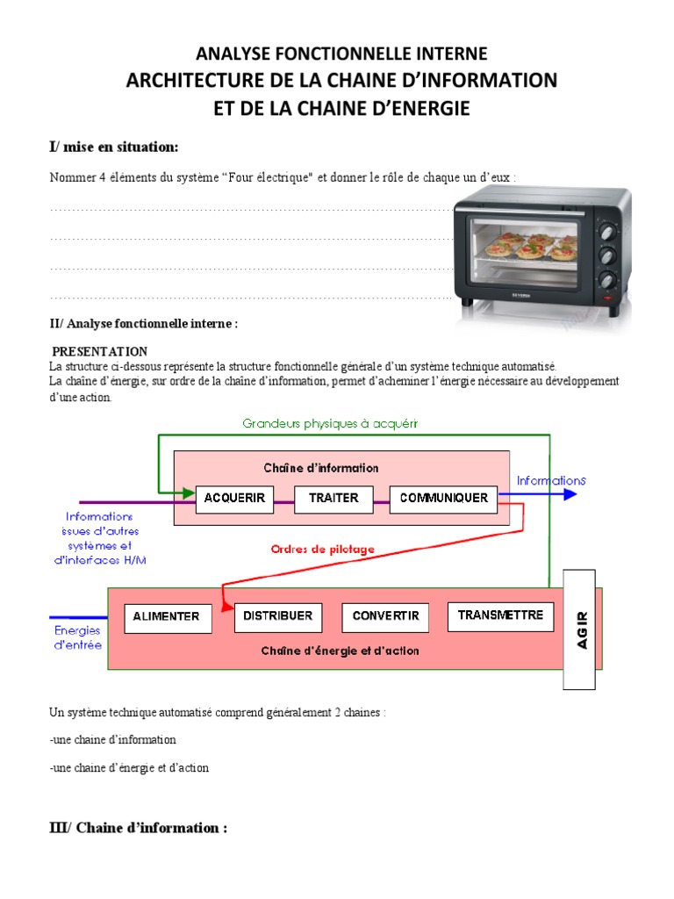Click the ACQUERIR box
(234, 498)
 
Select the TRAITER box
(333, 498)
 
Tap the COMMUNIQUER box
(443, 498)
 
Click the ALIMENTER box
(167, 616)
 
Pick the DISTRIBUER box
(277, 616)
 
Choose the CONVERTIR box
(386, 616)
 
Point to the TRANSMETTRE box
(501, 615)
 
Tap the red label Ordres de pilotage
(322, 550)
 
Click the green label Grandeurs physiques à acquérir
(330, 423)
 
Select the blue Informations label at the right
(551, 480)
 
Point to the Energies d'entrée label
(78, 637)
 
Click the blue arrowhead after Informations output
(570, 495)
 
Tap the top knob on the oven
(606, 233)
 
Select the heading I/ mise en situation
(113, 146)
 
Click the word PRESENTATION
(99, 351)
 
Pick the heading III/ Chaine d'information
(138, 828)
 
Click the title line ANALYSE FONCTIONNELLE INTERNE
(341, 54)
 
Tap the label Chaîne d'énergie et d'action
(340, 651)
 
